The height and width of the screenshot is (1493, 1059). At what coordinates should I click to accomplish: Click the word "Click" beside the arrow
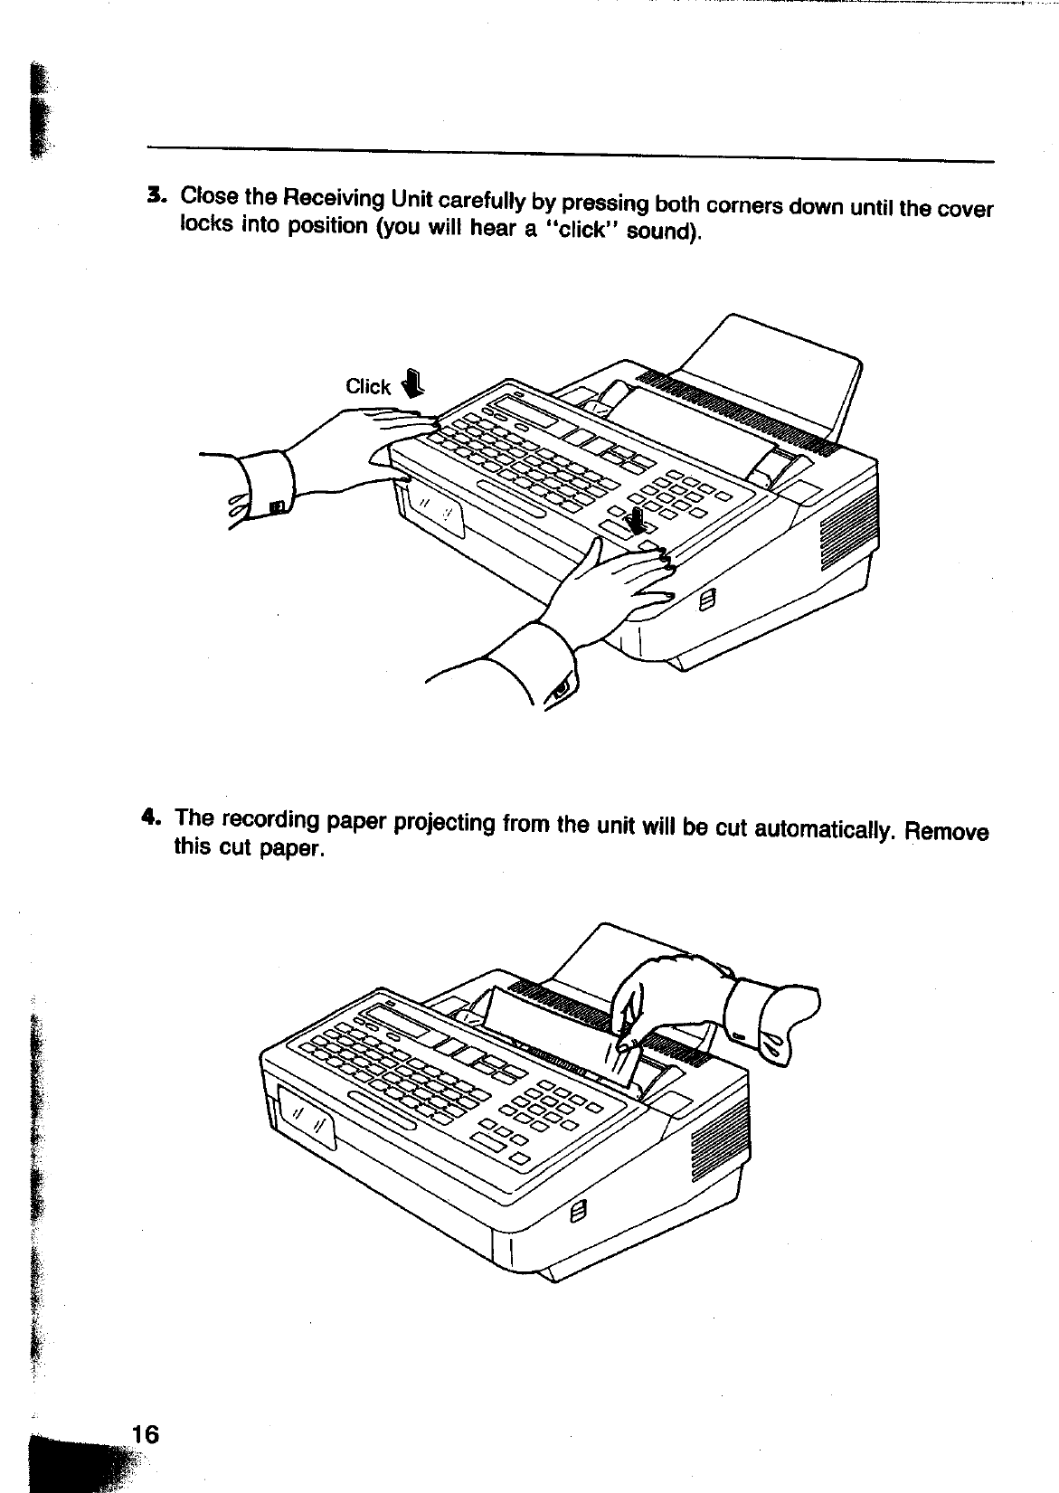[x=368, y=387]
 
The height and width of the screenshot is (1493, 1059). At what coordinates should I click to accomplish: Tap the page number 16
[x=145, y=1434]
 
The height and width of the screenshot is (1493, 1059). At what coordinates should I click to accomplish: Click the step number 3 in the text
[x=156, y=194]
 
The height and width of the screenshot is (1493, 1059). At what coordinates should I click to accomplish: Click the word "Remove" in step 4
[x=946, y=831]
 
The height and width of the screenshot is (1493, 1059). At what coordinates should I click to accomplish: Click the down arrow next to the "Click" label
[x=411, y=385]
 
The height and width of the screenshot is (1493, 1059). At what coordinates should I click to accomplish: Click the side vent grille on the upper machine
[x=837, y=543]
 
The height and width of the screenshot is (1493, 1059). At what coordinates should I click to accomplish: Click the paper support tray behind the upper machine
[x=769, y=362]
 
